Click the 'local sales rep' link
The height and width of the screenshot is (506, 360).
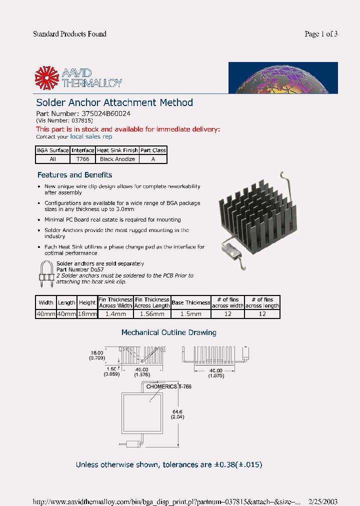pyautogui.click(x=91, y=136)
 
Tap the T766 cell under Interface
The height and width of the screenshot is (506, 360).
pyautogui.click(x=82, y=159)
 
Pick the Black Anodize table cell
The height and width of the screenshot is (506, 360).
pyautogui.click(x=117, y=159)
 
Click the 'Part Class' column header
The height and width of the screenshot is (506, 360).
pyautogui.click(x=153, y=150)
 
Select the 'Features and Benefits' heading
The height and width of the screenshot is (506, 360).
pyautogui.click(x=74, y=175)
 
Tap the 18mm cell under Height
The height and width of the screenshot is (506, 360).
pyautogui.click(x=87, y=314)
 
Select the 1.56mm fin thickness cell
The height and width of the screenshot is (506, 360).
pyautogui.click(x=152, y=314)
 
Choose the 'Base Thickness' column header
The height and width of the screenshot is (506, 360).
pyautogui.click(x=190, y=302)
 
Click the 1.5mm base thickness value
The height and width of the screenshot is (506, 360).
pyautogui.click(x=190, y=314)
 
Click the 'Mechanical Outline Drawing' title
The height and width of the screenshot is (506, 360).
pyautogui.click(x=169, y=332)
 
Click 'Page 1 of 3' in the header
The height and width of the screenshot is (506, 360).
pyautogui.click(x=321, y=34)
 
